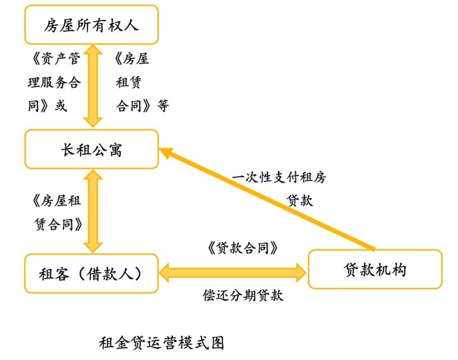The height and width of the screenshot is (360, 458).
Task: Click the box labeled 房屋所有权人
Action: click(92, 26)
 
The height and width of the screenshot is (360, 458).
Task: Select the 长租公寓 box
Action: click(92, 150)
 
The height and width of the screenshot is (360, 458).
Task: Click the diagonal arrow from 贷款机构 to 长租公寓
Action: click(268, 200)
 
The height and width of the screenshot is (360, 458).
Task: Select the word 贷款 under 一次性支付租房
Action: click(300, 200)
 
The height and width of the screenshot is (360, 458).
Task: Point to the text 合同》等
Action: click(143, 105)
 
